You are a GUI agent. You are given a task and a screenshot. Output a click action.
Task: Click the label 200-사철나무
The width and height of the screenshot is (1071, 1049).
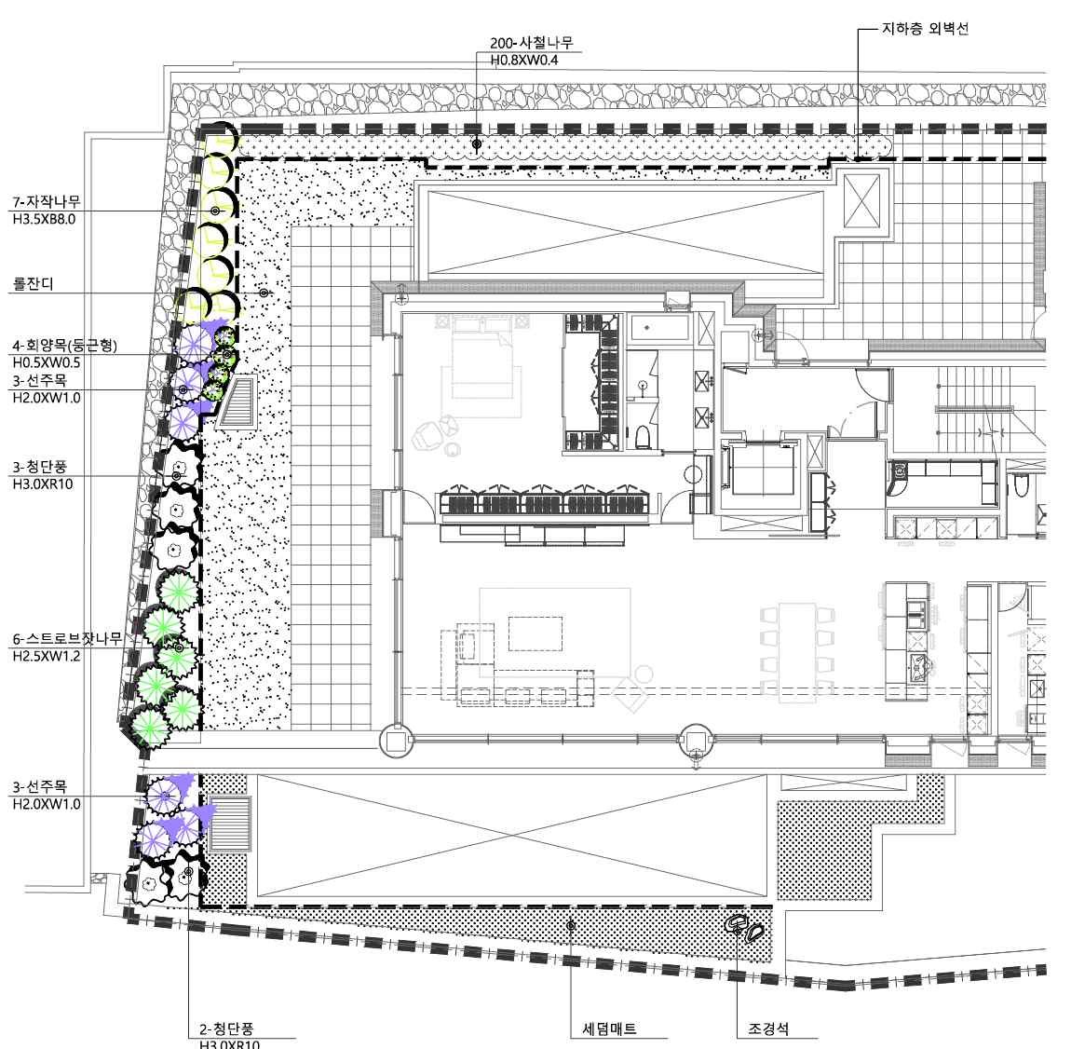(x=532, y=42)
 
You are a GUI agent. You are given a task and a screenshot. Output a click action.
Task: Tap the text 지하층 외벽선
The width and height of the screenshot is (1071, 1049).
(x=925, y=29)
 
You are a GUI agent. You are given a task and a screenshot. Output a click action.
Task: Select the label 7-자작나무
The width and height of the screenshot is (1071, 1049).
(x=47, y=201)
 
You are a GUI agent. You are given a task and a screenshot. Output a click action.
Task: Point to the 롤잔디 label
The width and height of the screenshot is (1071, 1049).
(x=33, y=283)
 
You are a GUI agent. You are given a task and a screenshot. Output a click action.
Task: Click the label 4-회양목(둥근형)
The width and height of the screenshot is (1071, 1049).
(x=65, y=345)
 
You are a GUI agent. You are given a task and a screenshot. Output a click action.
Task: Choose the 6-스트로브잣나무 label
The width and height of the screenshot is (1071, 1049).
(x=67, y=639)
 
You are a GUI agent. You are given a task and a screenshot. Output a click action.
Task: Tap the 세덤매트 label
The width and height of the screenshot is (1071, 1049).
(x=609, y=1029)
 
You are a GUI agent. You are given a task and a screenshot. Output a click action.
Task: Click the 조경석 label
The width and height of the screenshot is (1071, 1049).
(x=768, y=1029)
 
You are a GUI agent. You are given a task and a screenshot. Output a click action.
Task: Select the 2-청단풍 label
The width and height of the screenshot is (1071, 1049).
(x=226, y=1029)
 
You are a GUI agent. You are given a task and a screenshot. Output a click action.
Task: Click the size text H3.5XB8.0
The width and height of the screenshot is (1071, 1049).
(x=44, y=219)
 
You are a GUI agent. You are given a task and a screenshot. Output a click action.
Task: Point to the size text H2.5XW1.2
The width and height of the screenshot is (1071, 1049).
(x=47, y=657)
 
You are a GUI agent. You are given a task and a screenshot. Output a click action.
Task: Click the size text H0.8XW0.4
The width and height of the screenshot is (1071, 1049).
(x=524, y=61)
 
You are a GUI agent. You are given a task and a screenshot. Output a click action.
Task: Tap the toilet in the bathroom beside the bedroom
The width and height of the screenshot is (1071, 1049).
(x=642, y=436)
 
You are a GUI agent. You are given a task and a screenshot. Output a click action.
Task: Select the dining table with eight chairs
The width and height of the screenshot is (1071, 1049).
(x=797, y=653)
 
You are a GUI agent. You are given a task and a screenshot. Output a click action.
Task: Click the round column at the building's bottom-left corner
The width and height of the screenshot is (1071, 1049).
(x=396, y=741)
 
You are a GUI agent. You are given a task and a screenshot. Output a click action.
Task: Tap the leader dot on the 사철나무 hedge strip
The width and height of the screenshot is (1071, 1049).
(x=477, y=144)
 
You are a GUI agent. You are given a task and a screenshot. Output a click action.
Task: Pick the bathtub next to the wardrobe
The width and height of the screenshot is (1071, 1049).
(x=658, y=327)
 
